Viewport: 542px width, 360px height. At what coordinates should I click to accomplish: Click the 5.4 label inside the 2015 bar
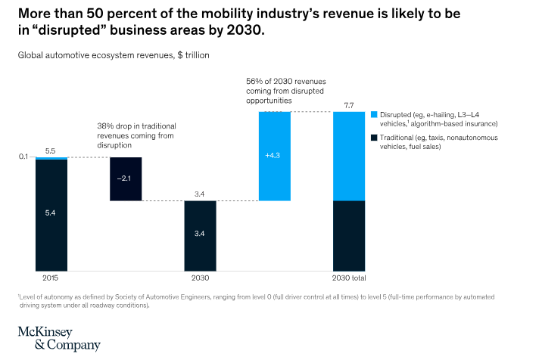[x=51, y=214]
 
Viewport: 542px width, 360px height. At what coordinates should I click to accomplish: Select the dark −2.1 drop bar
[x=126, y=178]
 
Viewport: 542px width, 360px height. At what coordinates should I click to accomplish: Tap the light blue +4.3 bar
[x=274, y=156]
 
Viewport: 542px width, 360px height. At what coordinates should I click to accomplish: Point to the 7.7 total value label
[x=349, y=105]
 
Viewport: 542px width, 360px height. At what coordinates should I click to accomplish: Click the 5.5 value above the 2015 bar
[x=51, y=151]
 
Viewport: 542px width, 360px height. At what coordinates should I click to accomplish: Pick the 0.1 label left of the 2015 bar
[x=23, y=157]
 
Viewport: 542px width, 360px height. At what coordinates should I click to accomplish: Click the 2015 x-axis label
[x=51, y=278]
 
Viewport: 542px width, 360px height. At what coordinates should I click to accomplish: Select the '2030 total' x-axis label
[x=349, y=278]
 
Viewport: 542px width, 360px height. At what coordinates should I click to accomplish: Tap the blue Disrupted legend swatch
[x=374, y=114]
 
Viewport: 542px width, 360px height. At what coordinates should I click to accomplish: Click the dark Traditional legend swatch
[x=374, y=138]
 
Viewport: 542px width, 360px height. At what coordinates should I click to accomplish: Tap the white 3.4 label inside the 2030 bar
[x=200, y=234]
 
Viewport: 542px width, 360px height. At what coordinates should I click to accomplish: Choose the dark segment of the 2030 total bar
[x=349, y=235]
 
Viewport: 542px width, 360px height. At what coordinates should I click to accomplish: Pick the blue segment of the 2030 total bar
[x=349, y=156]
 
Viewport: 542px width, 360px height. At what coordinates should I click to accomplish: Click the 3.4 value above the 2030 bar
[x=200, y=194]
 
